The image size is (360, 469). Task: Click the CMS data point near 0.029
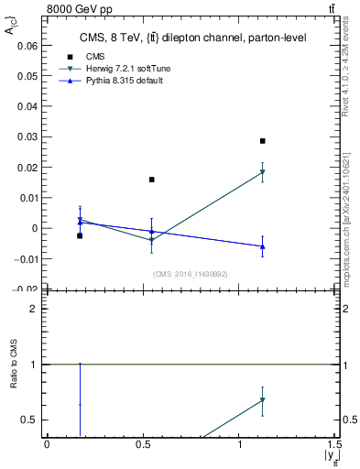pos(262,141)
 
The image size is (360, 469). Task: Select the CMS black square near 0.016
pos(152,180)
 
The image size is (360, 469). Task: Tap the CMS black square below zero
pos(80,235)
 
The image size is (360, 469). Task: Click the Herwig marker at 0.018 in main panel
pos(262,172)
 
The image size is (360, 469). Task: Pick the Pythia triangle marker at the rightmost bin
pos(262,246)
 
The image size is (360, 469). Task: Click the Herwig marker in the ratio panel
pos(262,399)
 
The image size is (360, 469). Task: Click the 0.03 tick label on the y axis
pos(28,136)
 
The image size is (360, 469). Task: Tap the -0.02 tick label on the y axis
pos(27,289)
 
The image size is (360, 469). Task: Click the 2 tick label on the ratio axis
pos(35,309)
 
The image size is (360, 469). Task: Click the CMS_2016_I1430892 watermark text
pos(191,274)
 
